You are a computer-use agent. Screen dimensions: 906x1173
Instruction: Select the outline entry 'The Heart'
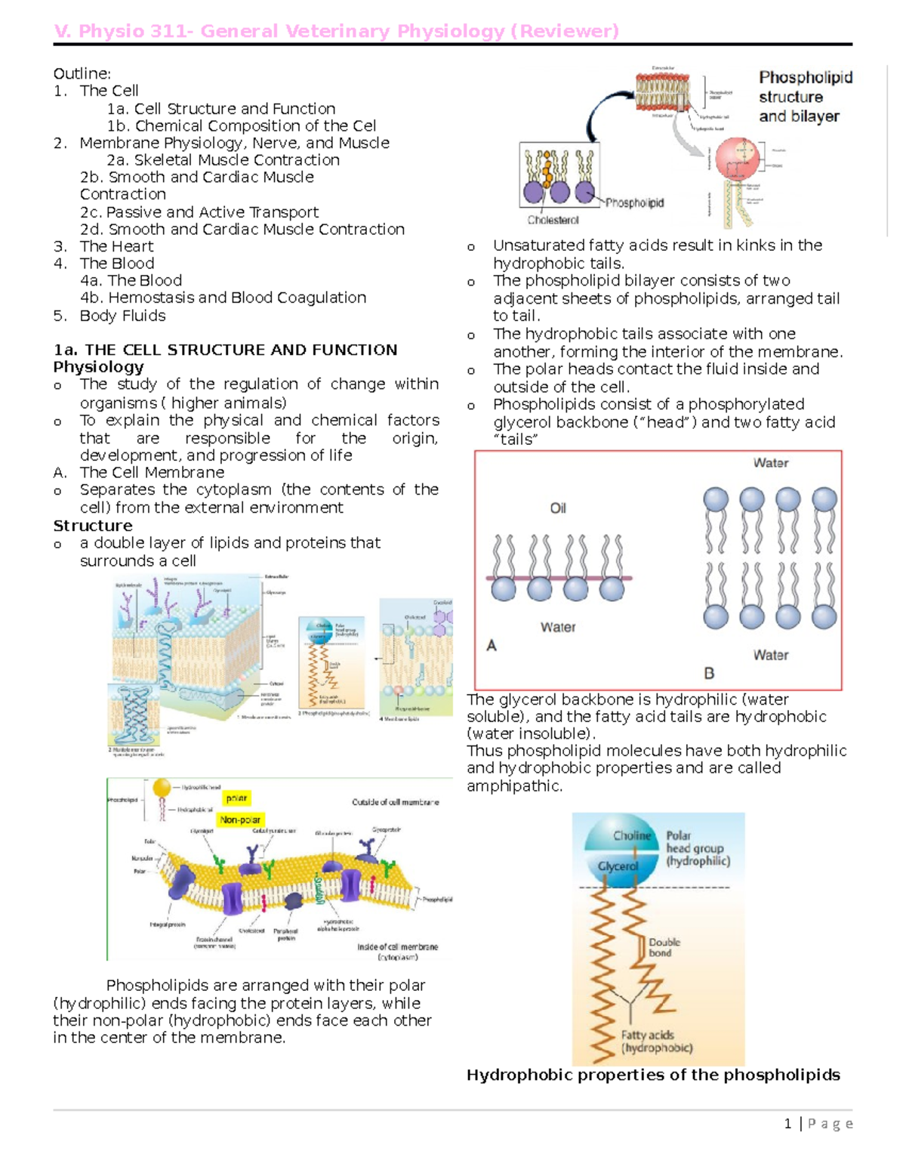point(116,246)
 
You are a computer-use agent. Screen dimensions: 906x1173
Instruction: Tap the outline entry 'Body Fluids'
point(122,316)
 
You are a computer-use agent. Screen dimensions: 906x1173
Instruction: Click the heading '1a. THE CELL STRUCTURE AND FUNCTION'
point(225,350)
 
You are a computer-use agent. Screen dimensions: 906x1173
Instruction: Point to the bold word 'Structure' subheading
point(92,526)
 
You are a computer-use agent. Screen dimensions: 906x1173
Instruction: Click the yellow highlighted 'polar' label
point(237,798)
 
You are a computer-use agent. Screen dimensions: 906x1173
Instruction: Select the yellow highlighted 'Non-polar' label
point(240,820)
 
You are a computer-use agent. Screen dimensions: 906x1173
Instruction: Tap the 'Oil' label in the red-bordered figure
point(558,508)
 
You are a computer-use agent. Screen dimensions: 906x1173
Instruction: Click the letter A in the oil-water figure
point(492,646)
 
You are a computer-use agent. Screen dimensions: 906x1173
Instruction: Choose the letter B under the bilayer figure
point(709,672)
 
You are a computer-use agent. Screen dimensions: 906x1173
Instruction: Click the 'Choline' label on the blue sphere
point(632,835)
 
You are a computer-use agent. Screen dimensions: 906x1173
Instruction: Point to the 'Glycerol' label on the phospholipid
point(618,866)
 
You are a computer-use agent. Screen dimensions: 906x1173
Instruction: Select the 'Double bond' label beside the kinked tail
point(664,947)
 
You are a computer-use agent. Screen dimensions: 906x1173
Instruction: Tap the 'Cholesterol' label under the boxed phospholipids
point(553,221)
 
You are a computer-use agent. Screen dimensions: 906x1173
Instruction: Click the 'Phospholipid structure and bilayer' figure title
point(805,97)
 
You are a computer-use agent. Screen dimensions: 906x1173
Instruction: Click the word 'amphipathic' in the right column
point(514,786)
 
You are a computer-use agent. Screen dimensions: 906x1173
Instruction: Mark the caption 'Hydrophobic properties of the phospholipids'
point(653,1075)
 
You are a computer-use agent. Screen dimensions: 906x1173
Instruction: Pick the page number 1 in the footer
point(787,1124)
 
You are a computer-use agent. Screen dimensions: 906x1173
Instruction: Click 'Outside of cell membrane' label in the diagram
point(395,802)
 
